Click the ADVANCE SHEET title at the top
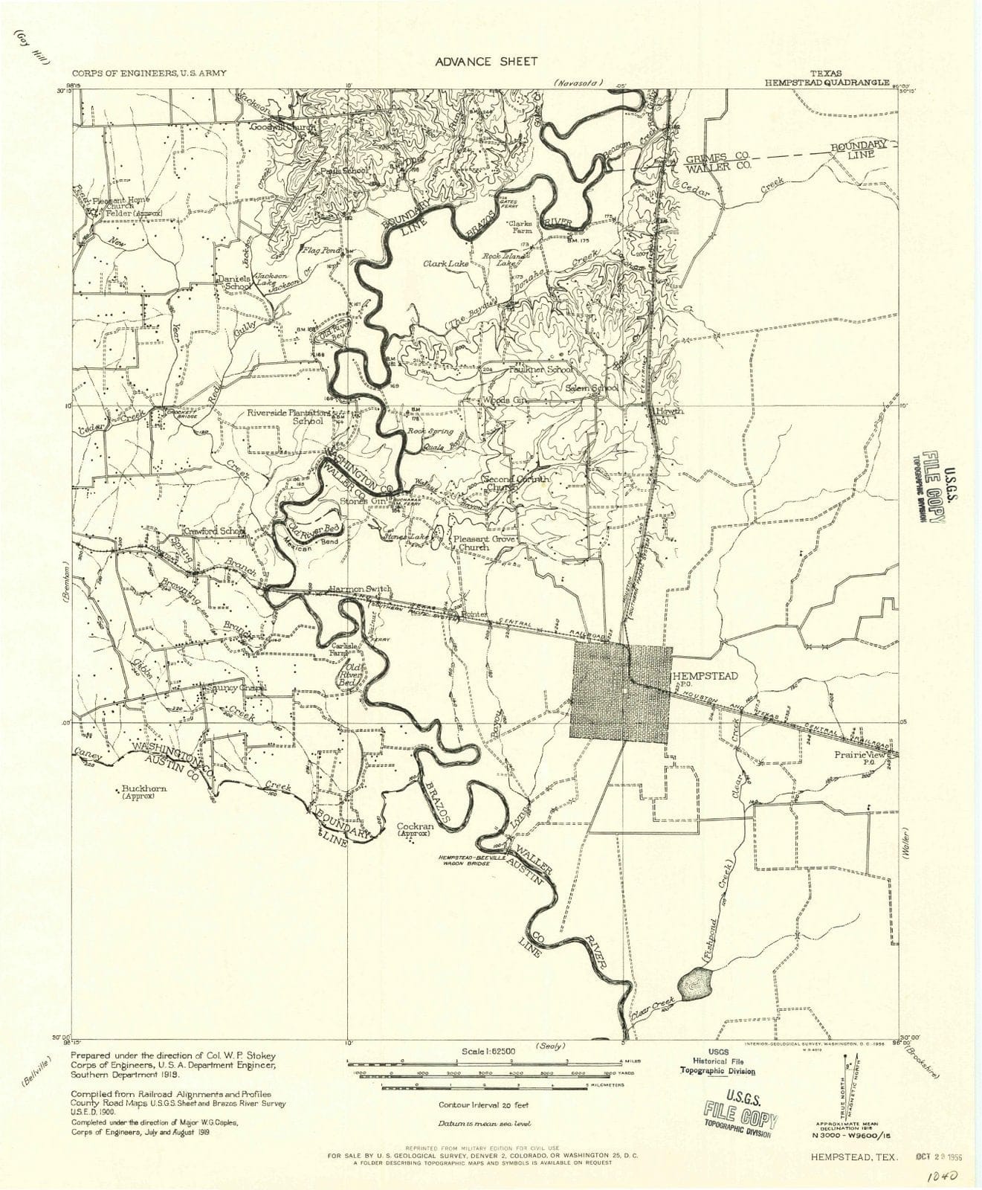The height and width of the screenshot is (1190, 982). pos(485,61)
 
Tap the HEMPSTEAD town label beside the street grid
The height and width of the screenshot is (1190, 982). pos(705,675)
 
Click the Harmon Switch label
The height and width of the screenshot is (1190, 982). pos(360,589)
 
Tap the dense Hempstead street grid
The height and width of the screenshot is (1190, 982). pos(619,690)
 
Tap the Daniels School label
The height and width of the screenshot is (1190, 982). pos(232,283)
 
